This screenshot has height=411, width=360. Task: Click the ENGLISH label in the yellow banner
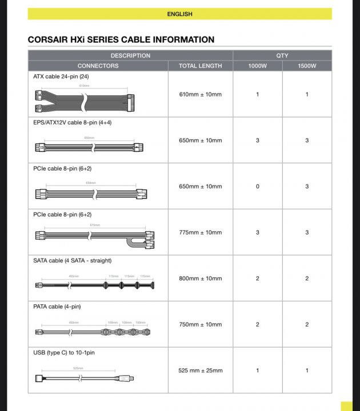[x=179, y=14]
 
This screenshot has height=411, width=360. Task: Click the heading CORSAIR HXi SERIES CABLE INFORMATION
[x=121, y=40]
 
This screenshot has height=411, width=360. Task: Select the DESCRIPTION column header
[x=130, y=55]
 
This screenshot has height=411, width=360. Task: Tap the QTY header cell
[x=282, y=55]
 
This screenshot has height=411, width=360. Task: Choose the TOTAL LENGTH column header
[x=200, y=66]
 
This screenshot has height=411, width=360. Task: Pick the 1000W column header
[x=257, y=66]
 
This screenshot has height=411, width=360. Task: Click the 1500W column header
[x=307, y=66]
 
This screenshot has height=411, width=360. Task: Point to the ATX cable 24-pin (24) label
[x=61, y=76]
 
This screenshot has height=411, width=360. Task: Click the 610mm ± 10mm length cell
[x=200, y=94]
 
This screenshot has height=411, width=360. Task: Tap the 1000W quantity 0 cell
[x=257, y=187]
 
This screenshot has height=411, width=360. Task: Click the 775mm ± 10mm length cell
[x=200, y=232]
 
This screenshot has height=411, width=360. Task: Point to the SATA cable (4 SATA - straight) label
[x=72, y=260]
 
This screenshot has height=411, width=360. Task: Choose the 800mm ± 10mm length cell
[x=200, y=279]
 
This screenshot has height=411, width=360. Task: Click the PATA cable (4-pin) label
[x=57, y=307]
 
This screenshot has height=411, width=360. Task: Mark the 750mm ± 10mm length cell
[x=200, y=325]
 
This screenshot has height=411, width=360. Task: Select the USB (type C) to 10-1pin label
[x=64, y=353]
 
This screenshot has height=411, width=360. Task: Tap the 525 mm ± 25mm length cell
[x=200, y=370]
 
